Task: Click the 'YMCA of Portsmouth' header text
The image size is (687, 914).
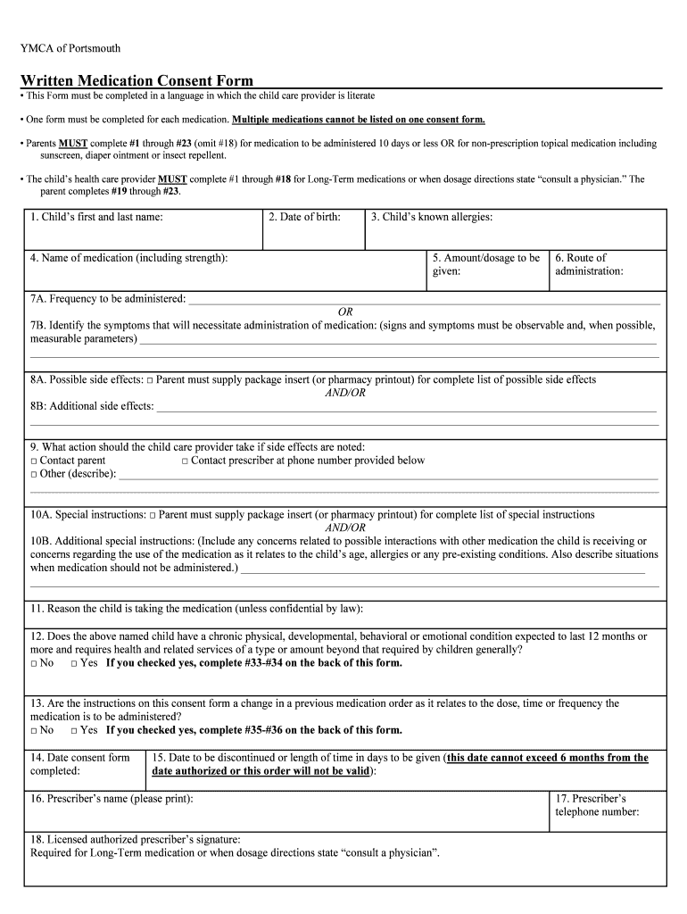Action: click(70, 47)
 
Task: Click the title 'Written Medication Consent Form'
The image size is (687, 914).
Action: click(137, 80)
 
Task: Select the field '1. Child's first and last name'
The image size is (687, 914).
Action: click(143, 230)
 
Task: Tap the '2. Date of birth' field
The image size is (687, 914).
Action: click(313, 230)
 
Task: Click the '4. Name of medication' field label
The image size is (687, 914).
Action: click(128, 258)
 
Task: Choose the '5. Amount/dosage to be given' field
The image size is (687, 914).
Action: click(486, 270)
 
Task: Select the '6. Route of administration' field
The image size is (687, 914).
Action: click(607, 270)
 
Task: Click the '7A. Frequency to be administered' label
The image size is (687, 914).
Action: click(108, 298)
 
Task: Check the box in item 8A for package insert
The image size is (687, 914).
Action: click(151, 380)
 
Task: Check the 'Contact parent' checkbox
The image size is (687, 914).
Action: click(34, 461)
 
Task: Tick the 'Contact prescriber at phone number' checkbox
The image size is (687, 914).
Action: click(185, 461)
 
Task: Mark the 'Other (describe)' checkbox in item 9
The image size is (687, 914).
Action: click(34, 475)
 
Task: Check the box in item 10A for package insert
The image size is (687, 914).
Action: click(153, 516)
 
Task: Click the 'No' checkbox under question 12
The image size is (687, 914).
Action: click(34, 664)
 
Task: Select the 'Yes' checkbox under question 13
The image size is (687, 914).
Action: click(74, 731)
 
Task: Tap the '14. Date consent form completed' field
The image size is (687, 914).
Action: click(85, 769)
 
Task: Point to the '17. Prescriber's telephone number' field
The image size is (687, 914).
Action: click(607, 810)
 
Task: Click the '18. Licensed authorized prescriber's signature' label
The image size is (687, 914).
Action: click(135, 839)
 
